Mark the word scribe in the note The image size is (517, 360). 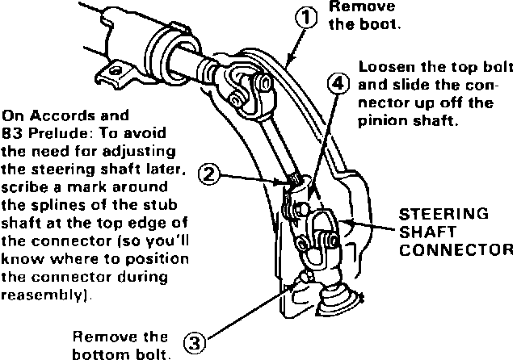tap(25, 185)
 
